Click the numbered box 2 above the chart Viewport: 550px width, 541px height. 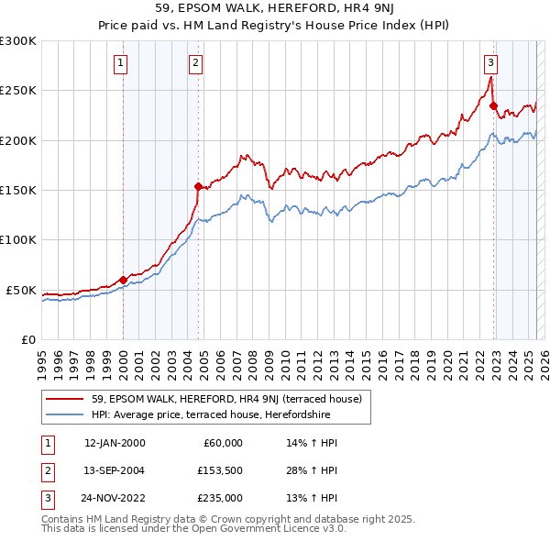pos(196,63)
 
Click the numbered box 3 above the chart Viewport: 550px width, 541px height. pos(491,63)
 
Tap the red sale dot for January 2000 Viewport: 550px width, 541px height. pos(123,280)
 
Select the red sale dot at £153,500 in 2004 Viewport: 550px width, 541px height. pos(198,186)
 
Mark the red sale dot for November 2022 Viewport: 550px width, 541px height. pos(493,105)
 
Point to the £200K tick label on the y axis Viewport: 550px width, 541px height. pos(18,140)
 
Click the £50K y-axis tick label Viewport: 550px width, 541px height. pos(21,290)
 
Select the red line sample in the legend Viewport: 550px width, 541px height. pos(64,399)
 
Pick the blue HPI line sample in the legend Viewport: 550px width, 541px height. pos(64,414)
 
